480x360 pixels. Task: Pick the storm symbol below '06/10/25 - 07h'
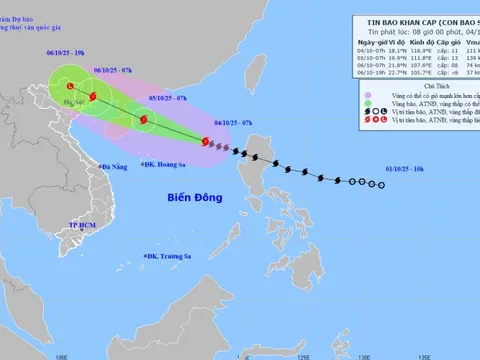click(x=92, y=97)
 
